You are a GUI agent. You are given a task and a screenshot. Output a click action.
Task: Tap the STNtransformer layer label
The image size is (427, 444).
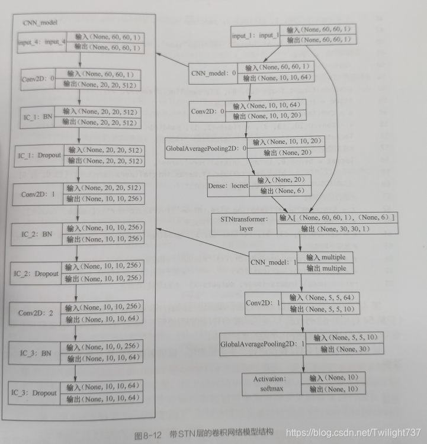(244, 223)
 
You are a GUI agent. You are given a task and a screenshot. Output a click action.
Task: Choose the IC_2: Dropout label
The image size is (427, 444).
(36, 274)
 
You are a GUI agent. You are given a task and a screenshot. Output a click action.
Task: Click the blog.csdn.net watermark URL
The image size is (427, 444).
(353, 433)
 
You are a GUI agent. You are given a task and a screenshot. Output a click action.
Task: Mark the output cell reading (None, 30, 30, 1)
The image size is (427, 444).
(336, 229)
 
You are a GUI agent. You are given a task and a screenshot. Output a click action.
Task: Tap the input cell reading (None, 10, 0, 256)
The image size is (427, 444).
(103, 347)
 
